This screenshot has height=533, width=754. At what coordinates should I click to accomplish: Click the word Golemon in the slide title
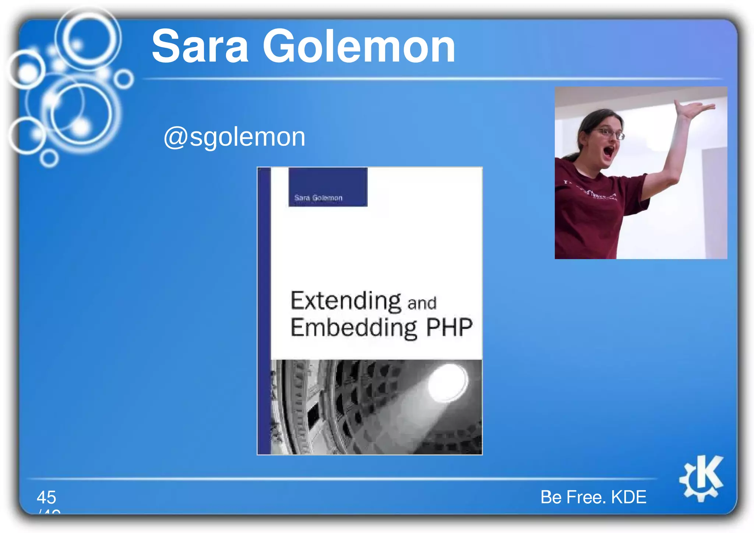359,47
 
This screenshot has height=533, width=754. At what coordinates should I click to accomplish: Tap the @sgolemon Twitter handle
234,137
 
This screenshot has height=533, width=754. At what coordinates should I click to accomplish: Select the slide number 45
46,497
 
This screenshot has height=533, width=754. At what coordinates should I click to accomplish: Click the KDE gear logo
701,479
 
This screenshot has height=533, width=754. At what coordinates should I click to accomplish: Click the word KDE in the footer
628,497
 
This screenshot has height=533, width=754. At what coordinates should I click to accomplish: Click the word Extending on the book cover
345,301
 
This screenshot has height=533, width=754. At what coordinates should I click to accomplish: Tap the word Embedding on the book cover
353,328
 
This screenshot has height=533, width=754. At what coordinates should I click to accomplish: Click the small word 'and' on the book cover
422,303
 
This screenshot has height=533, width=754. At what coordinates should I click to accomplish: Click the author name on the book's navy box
318,198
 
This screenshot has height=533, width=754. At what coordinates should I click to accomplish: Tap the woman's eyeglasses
610,133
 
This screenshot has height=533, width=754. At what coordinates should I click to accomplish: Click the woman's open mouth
609,151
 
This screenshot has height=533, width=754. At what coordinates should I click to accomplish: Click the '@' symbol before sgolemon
175,138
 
